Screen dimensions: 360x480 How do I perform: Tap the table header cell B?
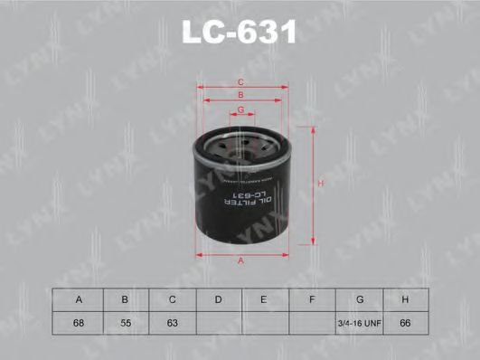coord(126,298)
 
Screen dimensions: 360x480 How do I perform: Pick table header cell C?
coord(172,298)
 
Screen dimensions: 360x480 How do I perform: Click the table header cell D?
coord(219,298)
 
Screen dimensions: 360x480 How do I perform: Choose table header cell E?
coord(265,298)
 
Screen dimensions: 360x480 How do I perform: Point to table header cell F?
coord(311,298)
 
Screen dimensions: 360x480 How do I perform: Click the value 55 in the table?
coord(126,321)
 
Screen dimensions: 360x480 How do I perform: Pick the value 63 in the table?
coord(172,321)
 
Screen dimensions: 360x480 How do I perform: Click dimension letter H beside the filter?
coord(321,185)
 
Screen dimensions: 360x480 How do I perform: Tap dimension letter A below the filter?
coord(240,261)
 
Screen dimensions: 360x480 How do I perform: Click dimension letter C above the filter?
coord(240,81)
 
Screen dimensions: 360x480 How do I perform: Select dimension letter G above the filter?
coord(240,109)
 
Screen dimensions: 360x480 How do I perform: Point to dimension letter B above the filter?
coord(240,95)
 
